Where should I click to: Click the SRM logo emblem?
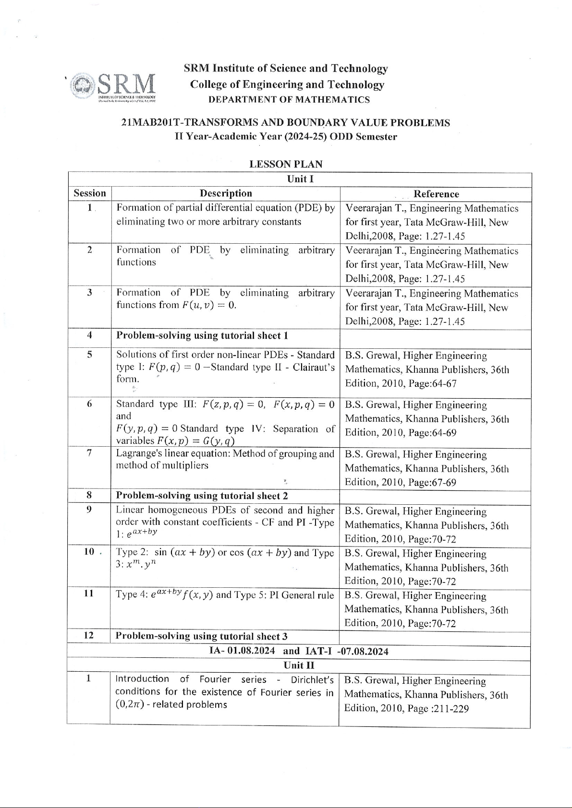pos(82,86)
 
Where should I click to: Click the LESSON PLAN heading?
pos(286,164)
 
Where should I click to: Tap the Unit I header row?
pos(300,179)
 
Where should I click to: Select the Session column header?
pos(90,193)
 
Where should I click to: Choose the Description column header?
pos(226,193)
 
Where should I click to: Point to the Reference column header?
pos(436,194)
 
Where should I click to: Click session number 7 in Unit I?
pos(89,453)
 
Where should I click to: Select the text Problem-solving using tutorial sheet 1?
pos(202,335)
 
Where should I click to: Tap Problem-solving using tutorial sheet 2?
pos(202,496)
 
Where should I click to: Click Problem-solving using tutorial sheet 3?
pos(202,636)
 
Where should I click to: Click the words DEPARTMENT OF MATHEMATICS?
pos(289,100)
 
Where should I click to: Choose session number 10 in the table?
pos(89,551)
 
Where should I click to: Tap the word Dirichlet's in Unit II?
pos(312,679)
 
